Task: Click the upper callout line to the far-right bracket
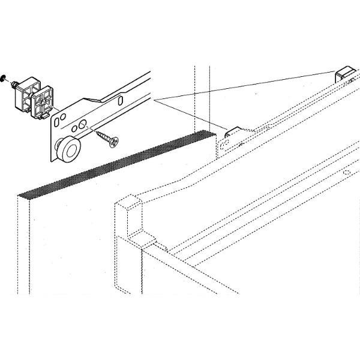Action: (240, 85)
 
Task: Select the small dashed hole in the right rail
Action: (346, 172)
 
